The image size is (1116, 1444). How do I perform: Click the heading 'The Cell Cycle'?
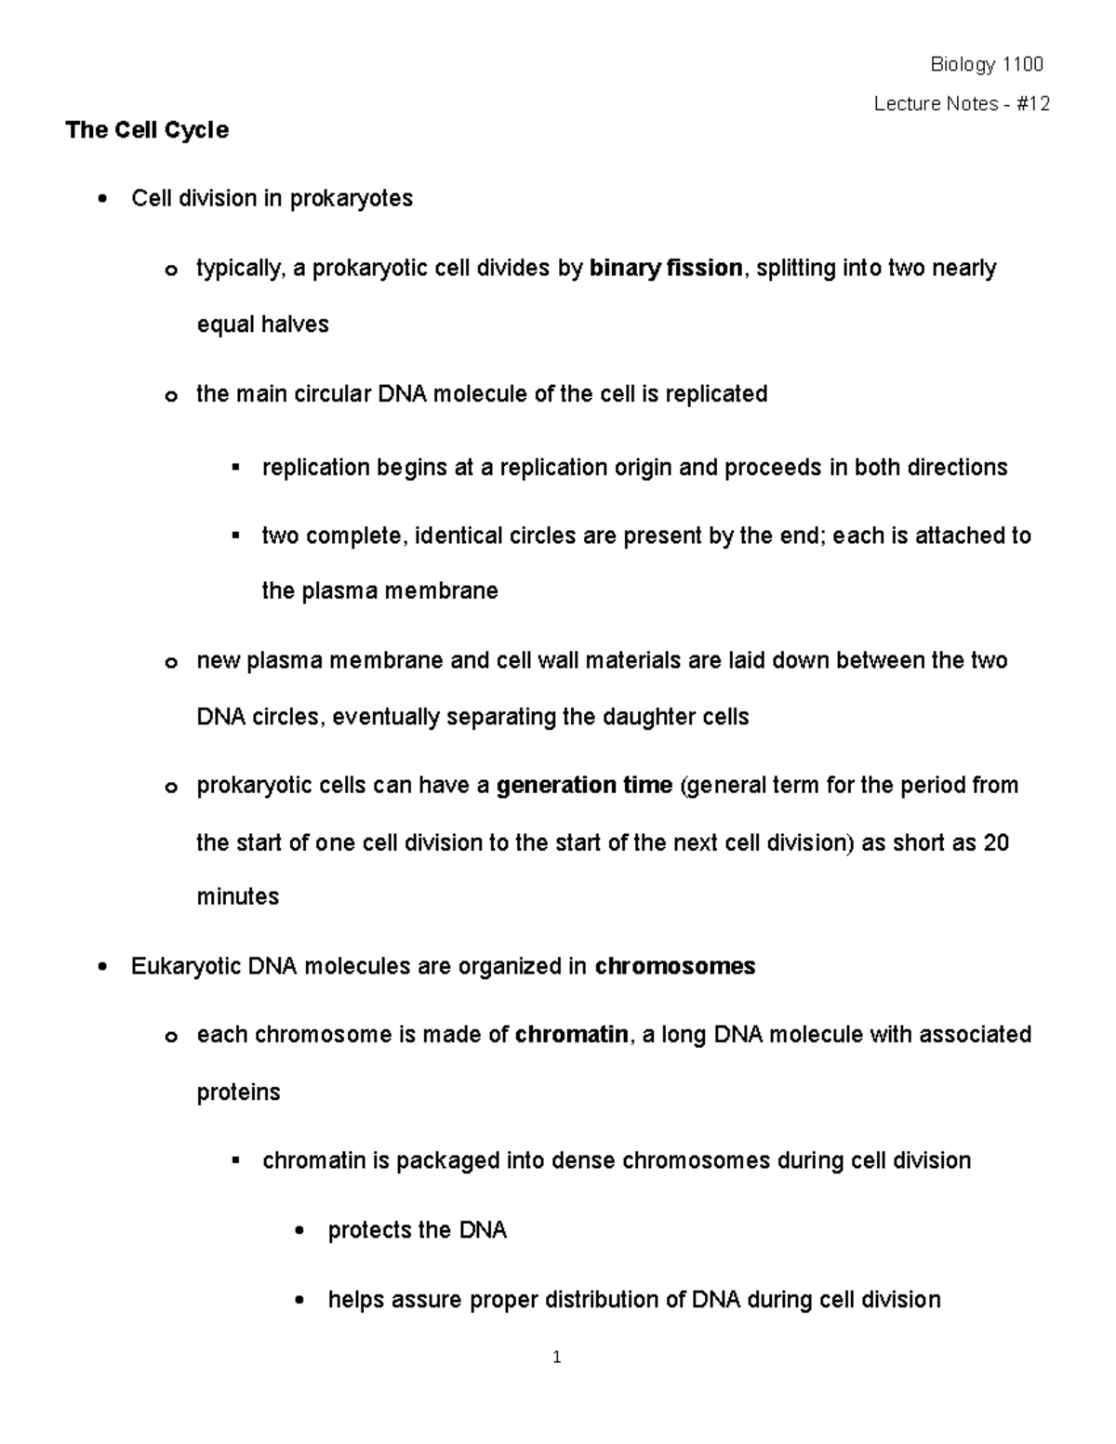[146, 130]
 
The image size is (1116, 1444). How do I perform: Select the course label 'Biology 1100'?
[987, 64]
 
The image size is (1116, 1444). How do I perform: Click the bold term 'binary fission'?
[666, 269]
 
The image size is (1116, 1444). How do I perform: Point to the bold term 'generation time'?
[584, 786]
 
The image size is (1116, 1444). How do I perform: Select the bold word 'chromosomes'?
[674, 967]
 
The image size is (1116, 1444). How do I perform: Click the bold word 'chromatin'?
[571, 1035]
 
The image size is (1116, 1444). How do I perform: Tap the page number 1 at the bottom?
[556, 1358]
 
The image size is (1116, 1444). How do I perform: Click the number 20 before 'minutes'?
[996, 842]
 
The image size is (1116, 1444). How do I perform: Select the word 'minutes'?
[237, 897]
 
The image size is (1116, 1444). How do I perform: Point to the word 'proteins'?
[238, 1093]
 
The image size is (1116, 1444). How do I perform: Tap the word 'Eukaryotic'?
[186, 967]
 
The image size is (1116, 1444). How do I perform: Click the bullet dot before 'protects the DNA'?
[298, 1232]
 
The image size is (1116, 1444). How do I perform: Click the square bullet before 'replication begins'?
[235, 466]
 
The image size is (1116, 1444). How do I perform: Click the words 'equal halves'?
[262, 325]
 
